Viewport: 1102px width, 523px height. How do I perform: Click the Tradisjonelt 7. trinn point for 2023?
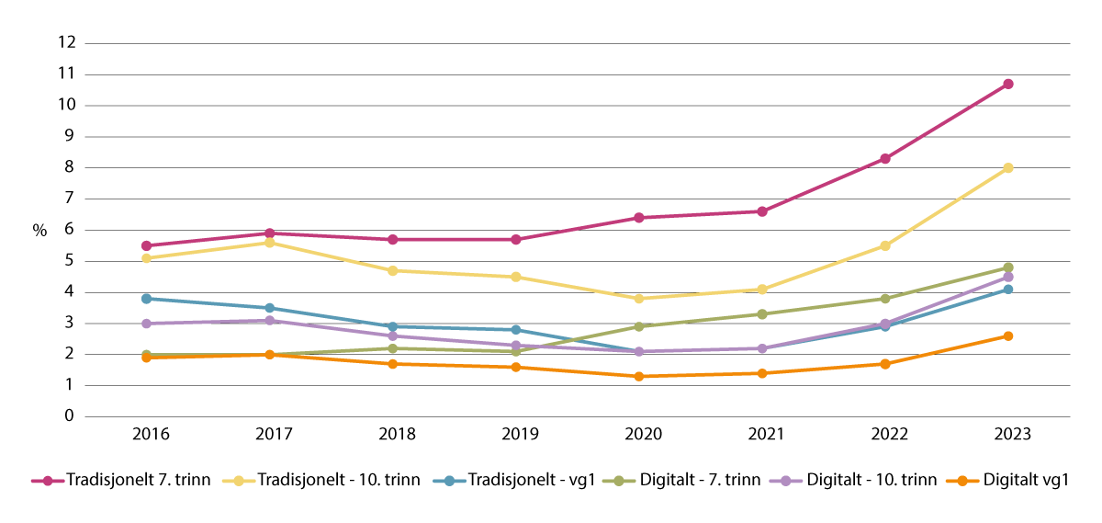click(1007, 84)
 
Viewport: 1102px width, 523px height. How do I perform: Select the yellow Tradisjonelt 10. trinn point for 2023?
click(1007, 167)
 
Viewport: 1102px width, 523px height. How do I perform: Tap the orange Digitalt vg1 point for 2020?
click(638, 376)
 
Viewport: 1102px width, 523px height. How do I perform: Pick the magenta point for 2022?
click(884, 158)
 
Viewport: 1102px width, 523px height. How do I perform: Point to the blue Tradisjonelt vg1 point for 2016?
click(146, 299)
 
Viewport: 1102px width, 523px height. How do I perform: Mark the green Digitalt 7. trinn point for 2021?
click(761, 313)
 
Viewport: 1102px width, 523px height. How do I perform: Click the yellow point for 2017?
click(269, 243)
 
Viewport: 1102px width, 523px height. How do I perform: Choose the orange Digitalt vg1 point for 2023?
click(1007, 335)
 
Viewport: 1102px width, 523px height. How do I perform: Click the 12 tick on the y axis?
click(65, 43)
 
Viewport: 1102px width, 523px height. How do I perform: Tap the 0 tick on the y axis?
click(69, 416)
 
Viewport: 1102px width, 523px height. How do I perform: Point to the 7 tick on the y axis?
click(69, 199)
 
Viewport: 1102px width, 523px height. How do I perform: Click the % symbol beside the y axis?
click(39, 231)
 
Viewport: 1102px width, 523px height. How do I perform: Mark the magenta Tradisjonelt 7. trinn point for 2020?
click(638, 218)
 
